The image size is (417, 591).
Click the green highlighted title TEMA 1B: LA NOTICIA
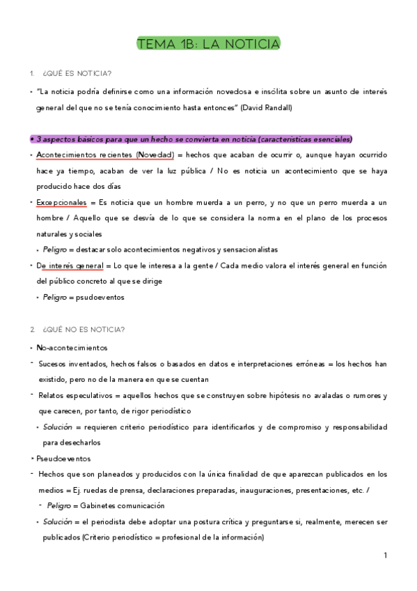208,45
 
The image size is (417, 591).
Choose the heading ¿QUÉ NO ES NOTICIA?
84,329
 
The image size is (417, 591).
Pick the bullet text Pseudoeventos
63,459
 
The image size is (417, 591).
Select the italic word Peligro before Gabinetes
60,505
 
